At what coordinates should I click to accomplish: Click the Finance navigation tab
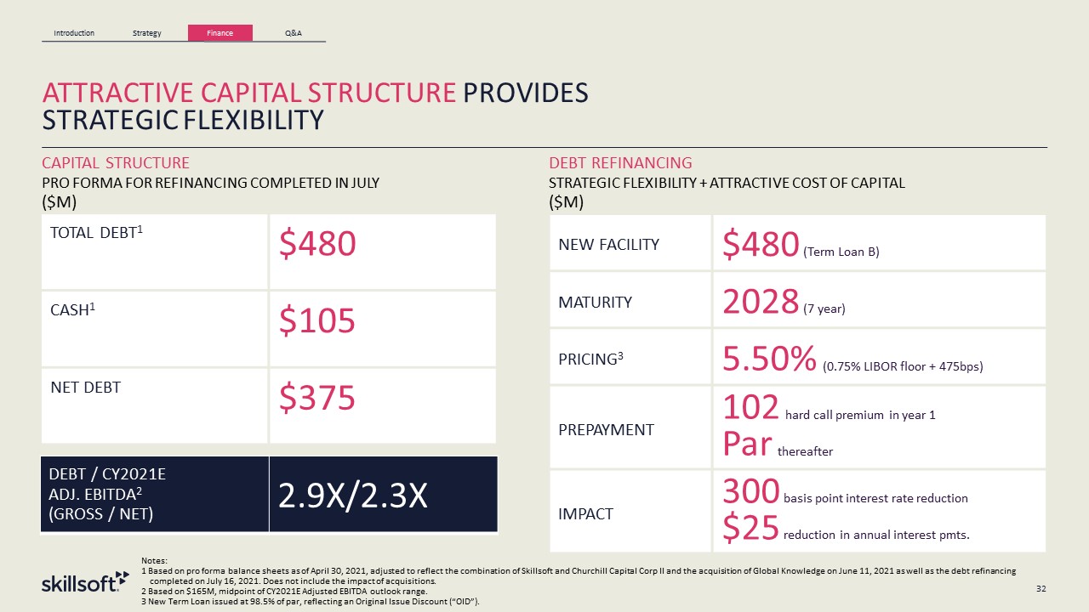coord(220,33)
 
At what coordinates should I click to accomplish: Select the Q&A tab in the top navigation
coord(293,33)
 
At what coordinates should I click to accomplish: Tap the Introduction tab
coord(74,33)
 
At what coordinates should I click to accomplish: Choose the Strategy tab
coord(147,33)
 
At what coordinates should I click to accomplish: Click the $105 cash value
coord(317,320)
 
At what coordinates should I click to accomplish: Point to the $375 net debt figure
coord(317,397)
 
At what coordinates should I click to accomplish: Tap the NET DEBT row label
coord(84,388)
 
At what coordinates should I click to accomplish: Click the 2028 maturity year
coord(761,302)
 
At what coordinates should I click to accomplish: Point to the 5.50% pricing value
coord(768,360)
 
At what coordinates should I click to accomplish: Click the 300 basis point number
coord(751,491)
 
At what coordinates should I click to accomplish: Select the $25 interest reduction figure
coord(751,528)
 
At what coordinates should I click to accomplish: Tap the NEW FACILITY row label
coord(608,245)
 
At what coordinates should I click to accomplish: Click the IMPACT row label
coord(584,513)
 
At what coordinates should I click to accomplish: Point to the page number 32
coord(1041,587)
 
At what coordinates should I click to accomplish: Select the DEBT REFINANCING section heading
coord(620,162)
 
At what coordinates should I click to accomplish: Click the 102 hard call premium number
coord(751,408)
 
